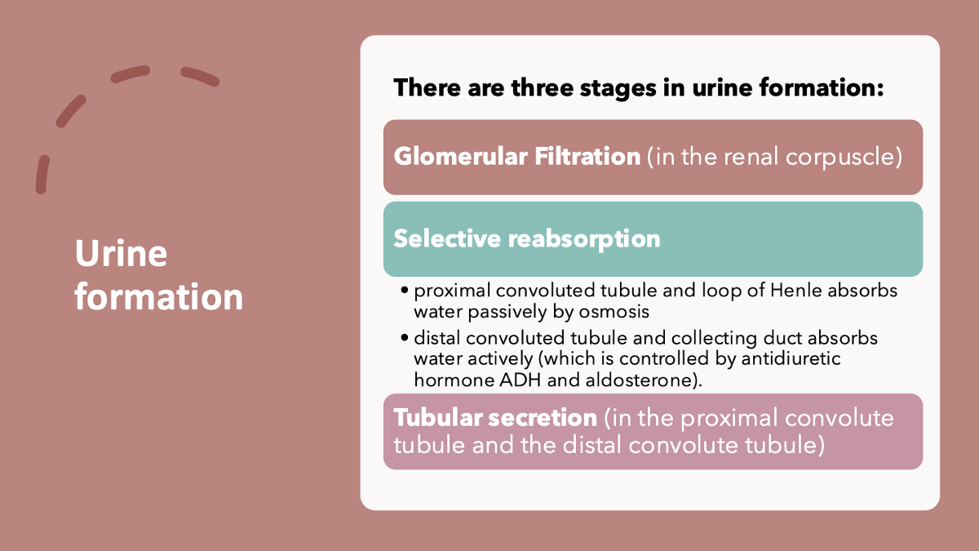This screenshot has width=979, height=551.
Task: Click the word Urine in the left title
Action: pos(121,254)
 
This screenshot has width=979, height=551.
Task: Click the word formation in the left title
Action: pos(159,296)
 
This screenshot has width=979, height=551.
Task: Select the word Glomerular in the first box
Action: pos(460,157)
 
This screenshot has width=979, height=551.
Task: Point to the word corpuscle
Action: pos(844,157)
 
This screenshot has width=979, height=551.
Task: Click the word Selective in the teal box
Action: pos(447,238)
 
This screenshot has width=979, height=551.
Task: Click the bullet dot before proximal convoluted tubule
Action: pos(405,291)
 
